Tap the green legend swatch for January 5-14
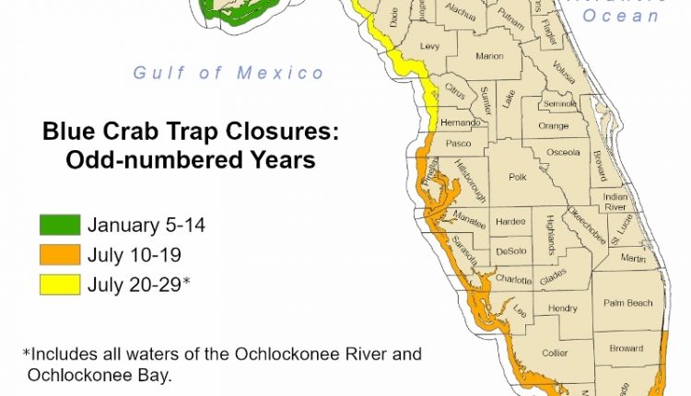tap(59, 225)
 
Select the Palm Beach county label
tap(627, 303)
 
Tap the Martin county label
tap(633, 260)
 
